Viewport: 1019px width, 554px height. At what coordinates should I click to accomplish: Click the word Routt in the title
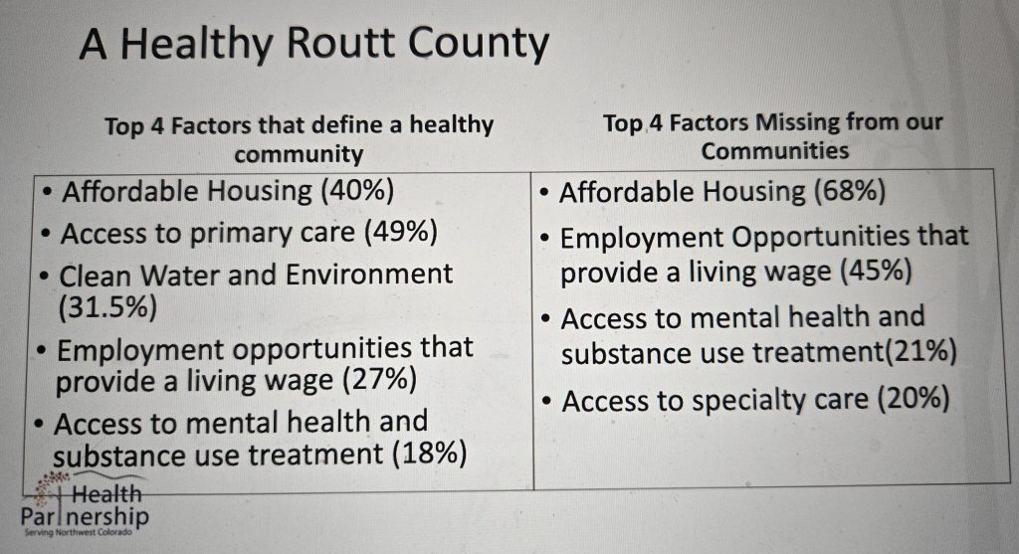click(340, 44)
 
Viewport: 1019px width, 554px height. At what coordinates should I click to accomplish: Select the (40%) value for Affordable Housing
click(357, 191)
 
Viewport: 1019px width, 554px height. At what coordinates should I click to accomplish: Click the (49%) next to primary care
click(400, 233)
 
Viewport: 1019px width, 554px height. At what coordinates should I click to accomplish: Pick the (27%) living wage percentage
click(379, 379)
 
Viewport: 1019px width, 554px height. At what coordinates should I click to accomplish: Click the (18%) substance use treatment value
click(430, 453)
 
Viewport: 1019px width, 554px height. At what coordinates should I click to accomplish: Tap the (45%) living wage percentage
click(876, 271)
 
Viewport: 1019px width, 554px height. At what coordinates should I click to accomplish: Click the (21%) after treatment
click(919, 351)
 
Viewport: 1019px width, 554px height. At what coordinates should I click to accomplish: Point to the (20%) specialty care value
click(914, 398)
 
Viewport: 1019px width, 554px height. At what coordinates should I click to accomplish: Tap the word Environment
click(368, 275)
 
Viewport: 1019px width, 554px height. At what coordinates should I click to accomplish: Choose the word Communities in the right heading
click(774, 151)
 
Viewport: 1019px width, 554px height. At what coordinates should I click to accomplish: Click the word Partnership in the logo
click(85, 517)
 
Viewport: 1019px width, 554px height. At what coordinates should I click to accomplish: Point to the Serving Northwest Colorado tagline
click(78, 532)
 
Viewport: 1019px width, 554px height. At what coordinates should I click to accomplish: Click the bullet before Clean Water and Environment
click(44, 277)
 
